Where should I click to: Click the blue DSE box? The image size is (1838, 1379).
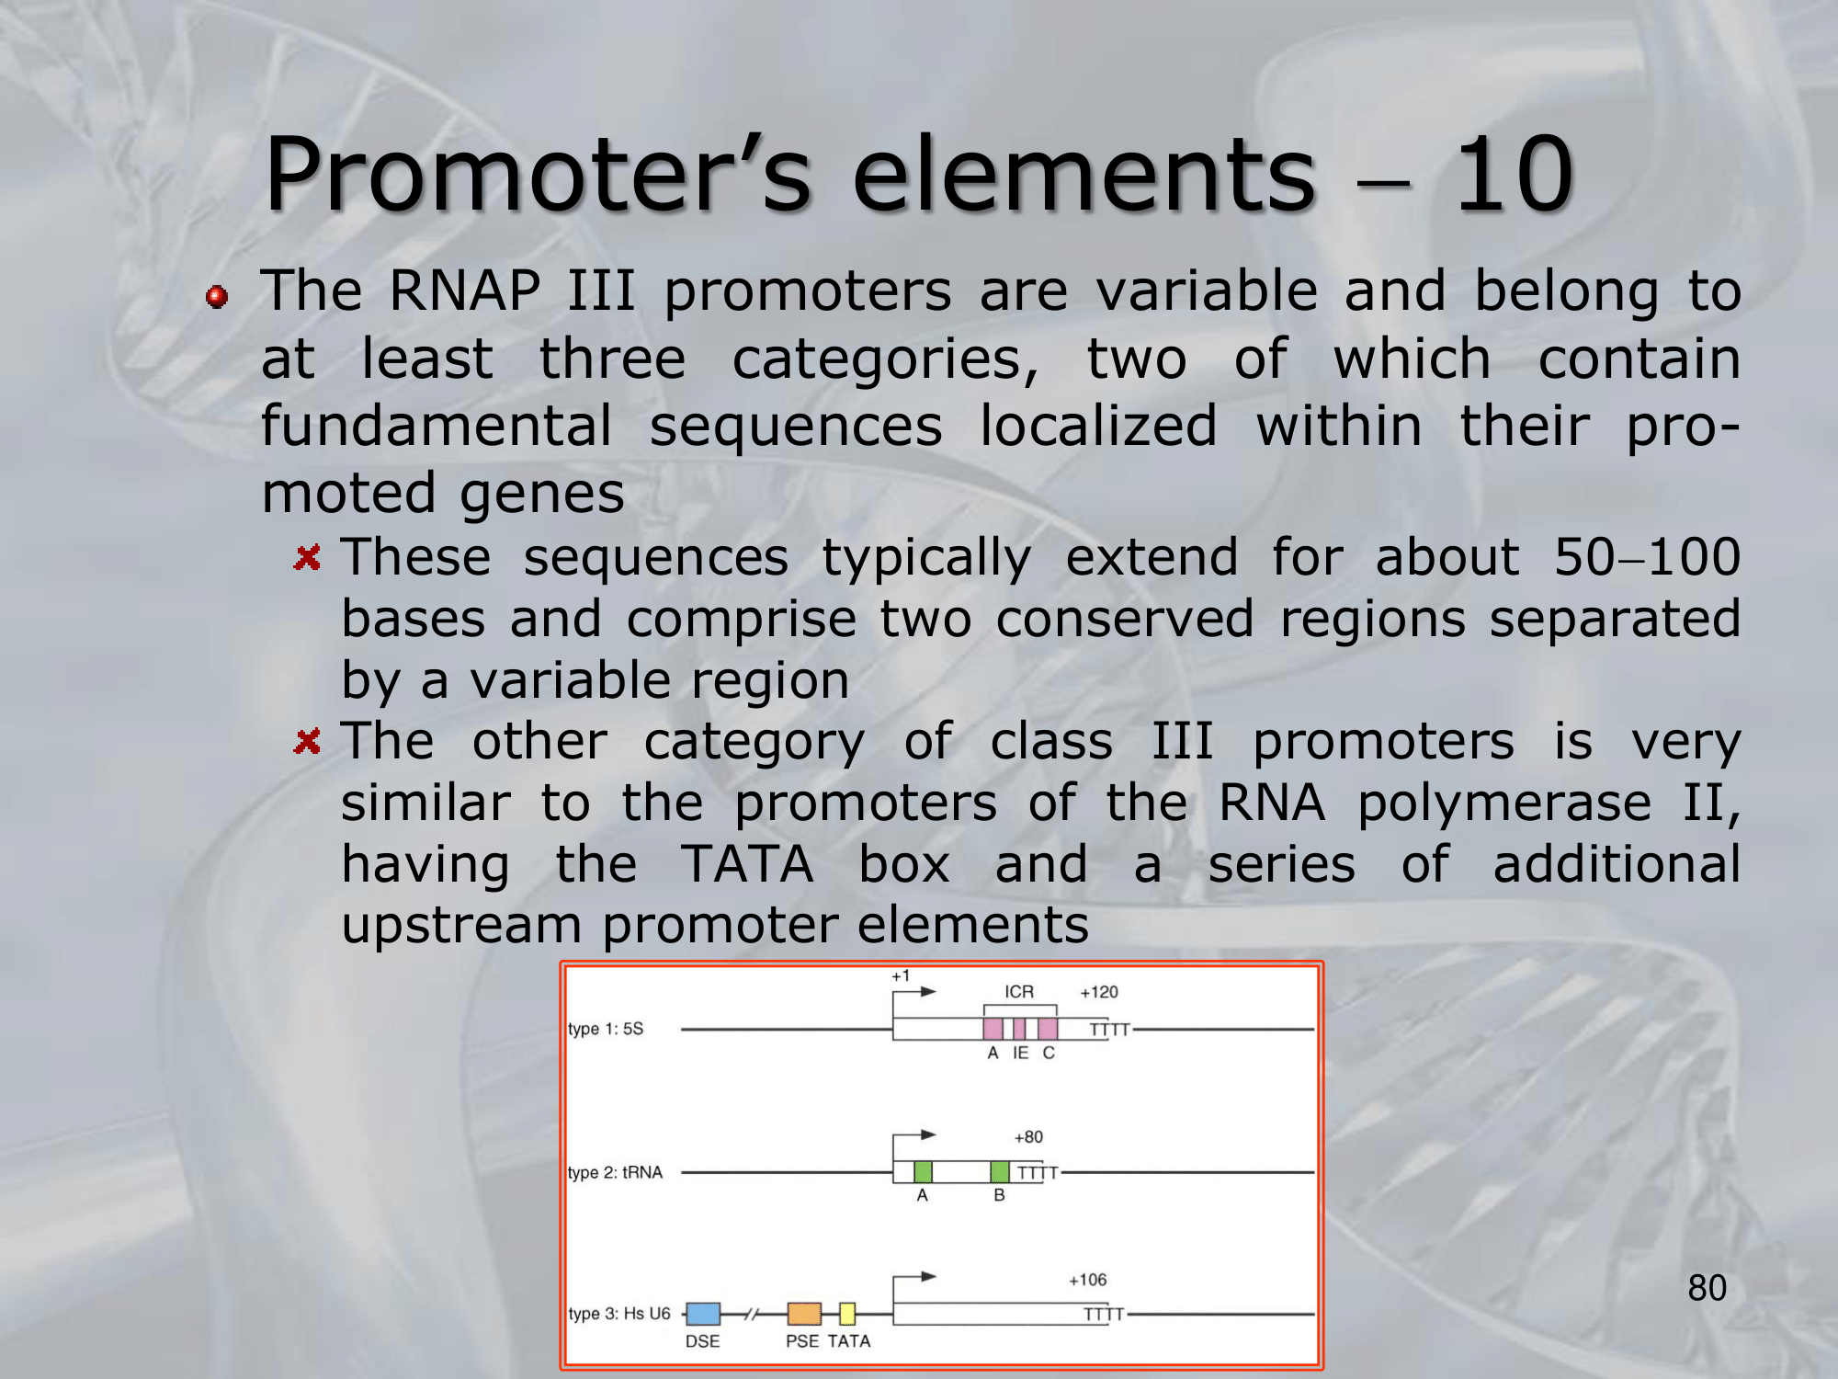703,1314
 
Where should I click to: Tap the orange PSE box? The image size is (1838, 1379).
804,1314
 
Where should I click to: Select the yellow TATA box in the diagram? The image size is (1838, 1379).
847,1314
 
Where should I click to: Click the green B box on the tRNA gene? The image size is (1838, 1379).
1000,1172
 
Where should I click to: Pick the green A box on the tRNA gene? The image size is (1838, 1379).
923,1172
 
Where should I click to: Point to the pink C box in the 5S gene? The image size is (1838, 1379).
1048,1029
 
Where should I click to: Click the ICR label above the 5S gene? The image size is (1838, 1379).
1019,992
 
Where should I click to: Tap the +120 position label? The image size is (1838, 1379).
1099,992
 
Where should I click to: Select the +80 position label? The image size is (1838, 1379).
1028,1137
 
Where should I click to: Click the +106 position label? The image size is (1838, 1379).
1087,1280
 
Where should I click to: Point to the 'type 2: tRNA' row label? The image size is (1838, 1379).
615,1172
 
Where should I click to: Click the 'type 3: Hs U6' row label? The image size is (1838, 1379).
619,1314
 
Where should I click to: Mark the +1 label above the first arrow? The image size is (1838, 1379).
901,975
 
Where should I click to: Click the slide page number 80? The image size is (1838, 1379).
1708,1288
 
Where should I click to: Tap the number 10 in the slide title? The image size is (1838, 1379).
1515,174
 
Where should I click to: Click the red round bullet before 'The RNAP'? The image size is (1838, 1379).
217,297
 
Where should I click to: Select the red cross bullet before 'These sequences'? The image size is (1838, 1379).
307,557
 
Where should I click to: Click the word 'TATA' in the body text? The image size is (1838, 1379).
747,864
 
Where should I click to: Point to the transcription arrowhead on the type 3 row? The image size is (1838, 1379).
929,1276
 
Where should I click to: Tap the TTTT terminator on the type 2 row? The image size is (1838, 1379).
1038,1173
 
